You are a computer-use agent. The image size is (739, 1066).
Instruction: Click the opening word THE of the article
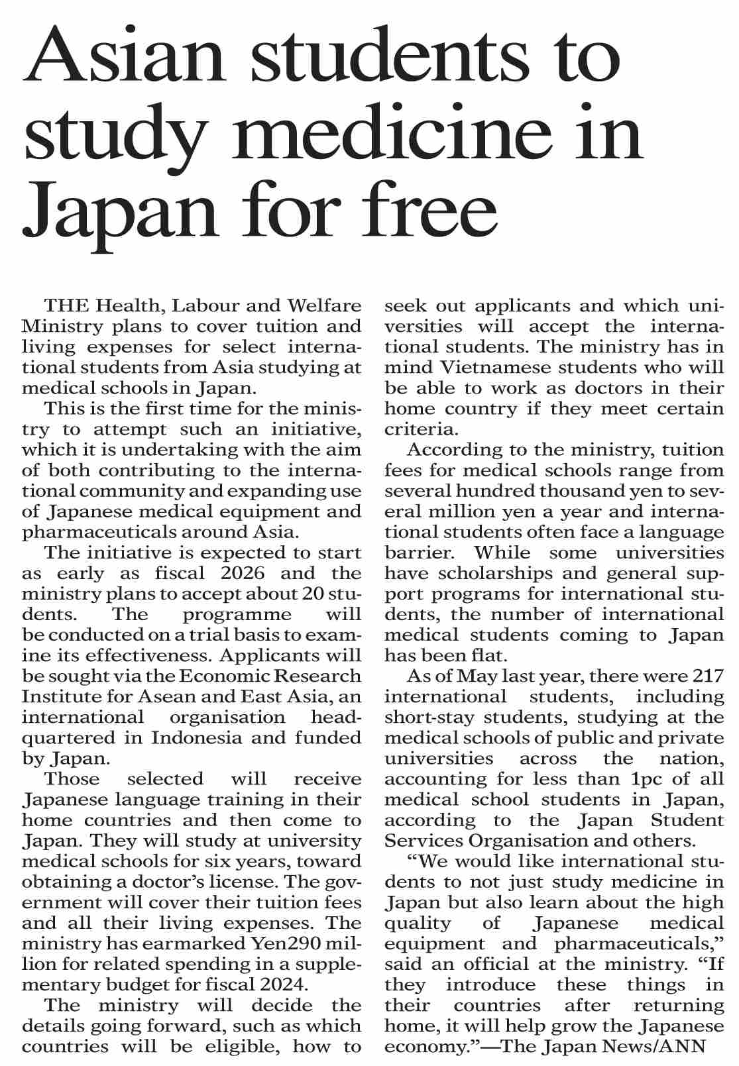[66, 306]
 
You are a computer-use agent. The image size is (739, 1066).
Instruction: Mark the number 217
[707, 676]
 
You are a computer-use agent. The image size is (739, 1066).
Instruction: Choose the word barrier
[418, 553]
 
